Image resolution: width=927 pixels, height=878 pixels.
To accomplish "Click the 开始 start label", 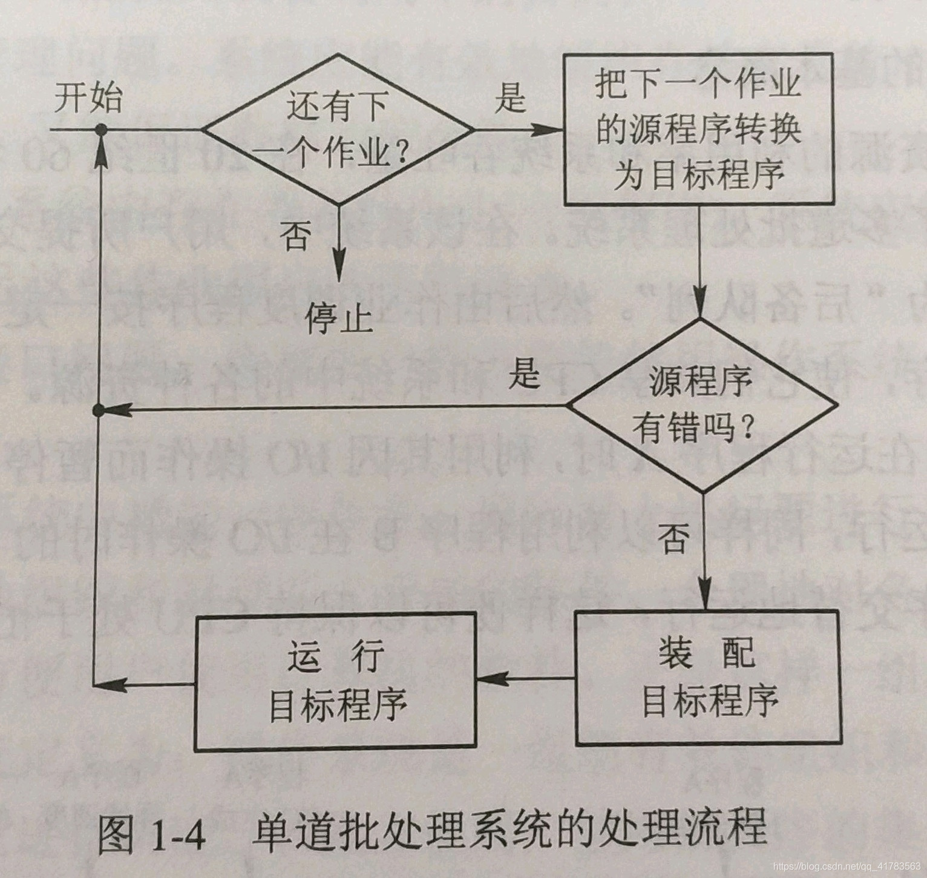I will point(88,98).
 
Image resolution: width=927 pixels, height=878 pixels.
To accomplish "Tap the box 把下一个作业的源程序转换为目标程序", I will point(699,129).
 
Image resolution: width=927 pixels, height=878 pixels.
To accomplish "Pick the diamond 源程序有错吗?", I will point(702,406).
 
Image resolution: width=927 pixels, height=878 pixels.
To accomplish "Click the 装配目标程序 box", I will point(708,678).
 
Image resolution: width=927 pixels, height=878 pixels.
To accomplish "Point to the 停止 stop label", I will point(339,318).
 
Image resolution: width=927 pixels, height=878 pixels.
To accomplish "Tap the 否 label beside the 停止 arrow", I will point(295,235).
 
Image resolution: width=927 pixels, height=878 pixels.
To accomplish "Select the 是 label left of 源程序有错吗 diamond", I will point(523,372).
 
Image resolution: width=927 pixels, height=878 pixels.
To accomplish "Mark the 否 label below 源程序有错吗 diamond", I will point(673,538).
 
